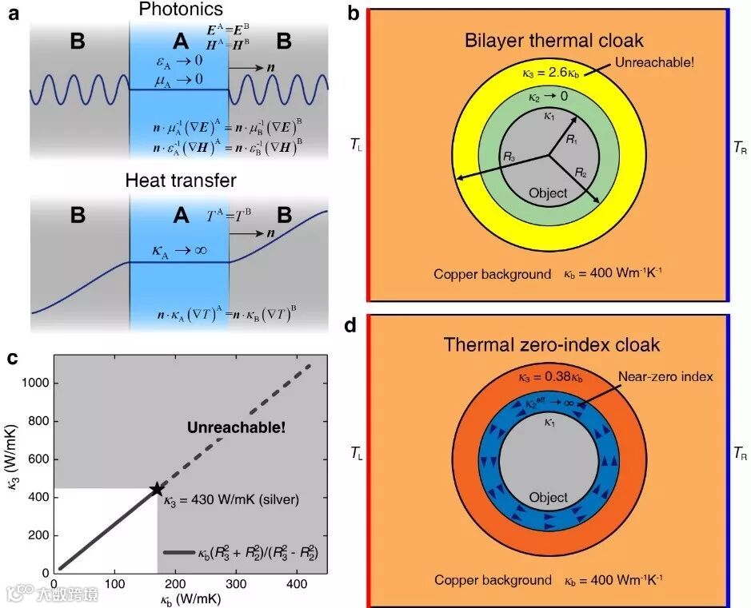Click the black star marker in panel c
[156, 489]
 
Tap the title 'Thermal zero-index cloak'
[553, 345]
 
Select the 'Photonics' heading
[180, 10]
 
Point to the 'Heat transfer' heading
[180, 180]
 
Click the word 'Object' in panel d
[549, 497]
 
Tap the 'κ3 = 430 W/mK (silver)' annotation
[231, 501]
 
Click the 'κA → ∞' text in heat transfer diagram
[180, 251]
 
